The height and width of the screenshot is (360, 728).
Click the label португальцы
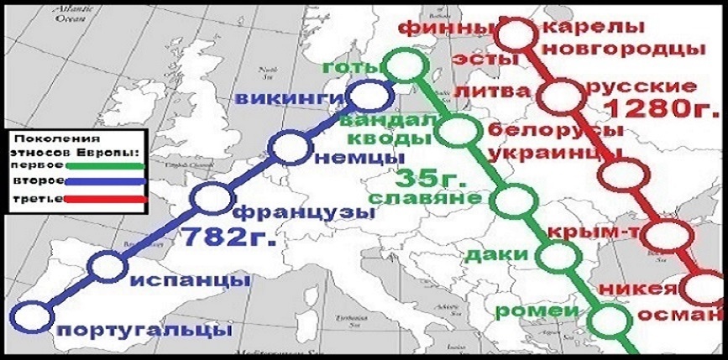[144, 330]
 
